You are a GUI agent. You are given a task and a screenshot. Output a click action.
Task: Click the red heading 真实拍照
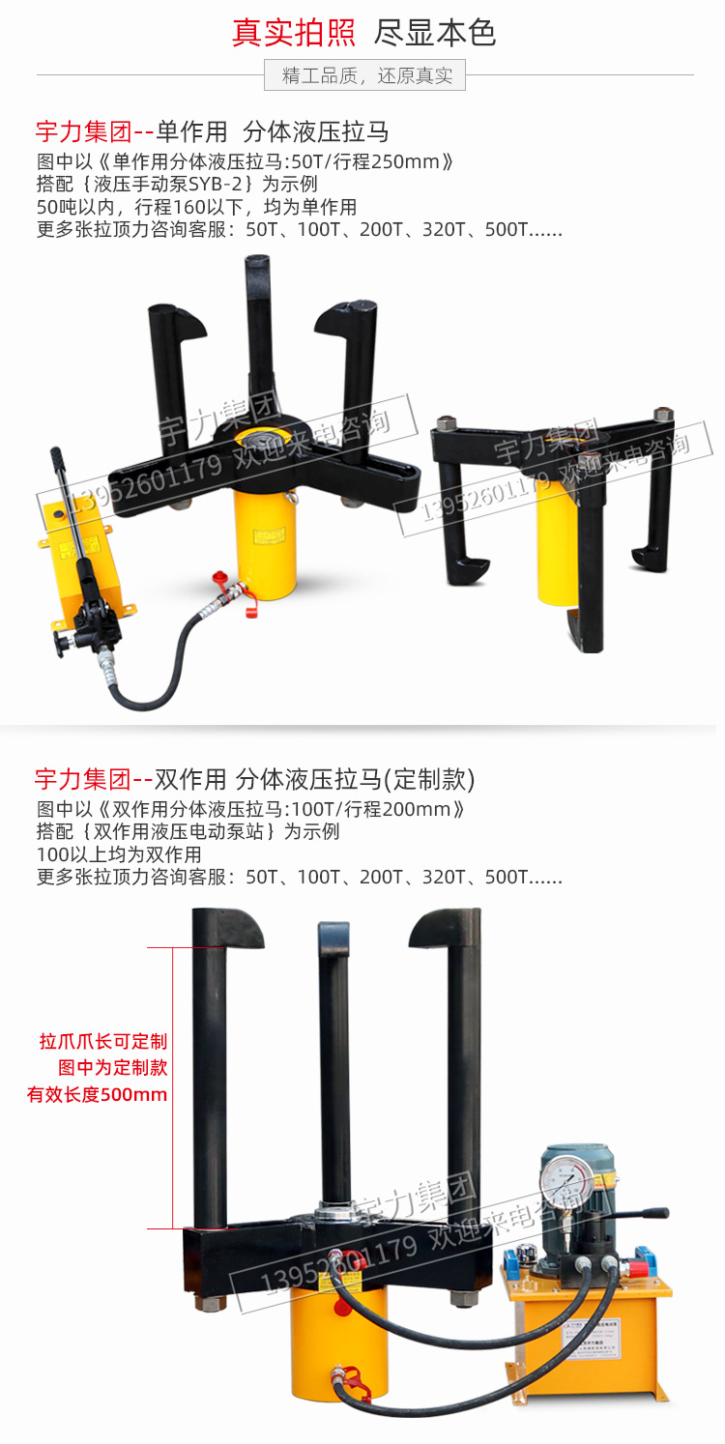[x=293, y=33]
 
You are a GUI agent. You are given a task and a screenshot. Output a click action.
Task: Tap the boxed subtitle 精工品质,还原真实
[x=365, y=75]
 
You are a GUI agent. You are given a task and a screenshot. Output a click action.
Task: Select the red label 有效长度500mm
[x=97, y=1095]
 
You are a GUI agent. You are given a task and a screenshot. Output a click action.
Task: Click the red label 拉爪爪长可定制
[x=103, y=1041]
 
